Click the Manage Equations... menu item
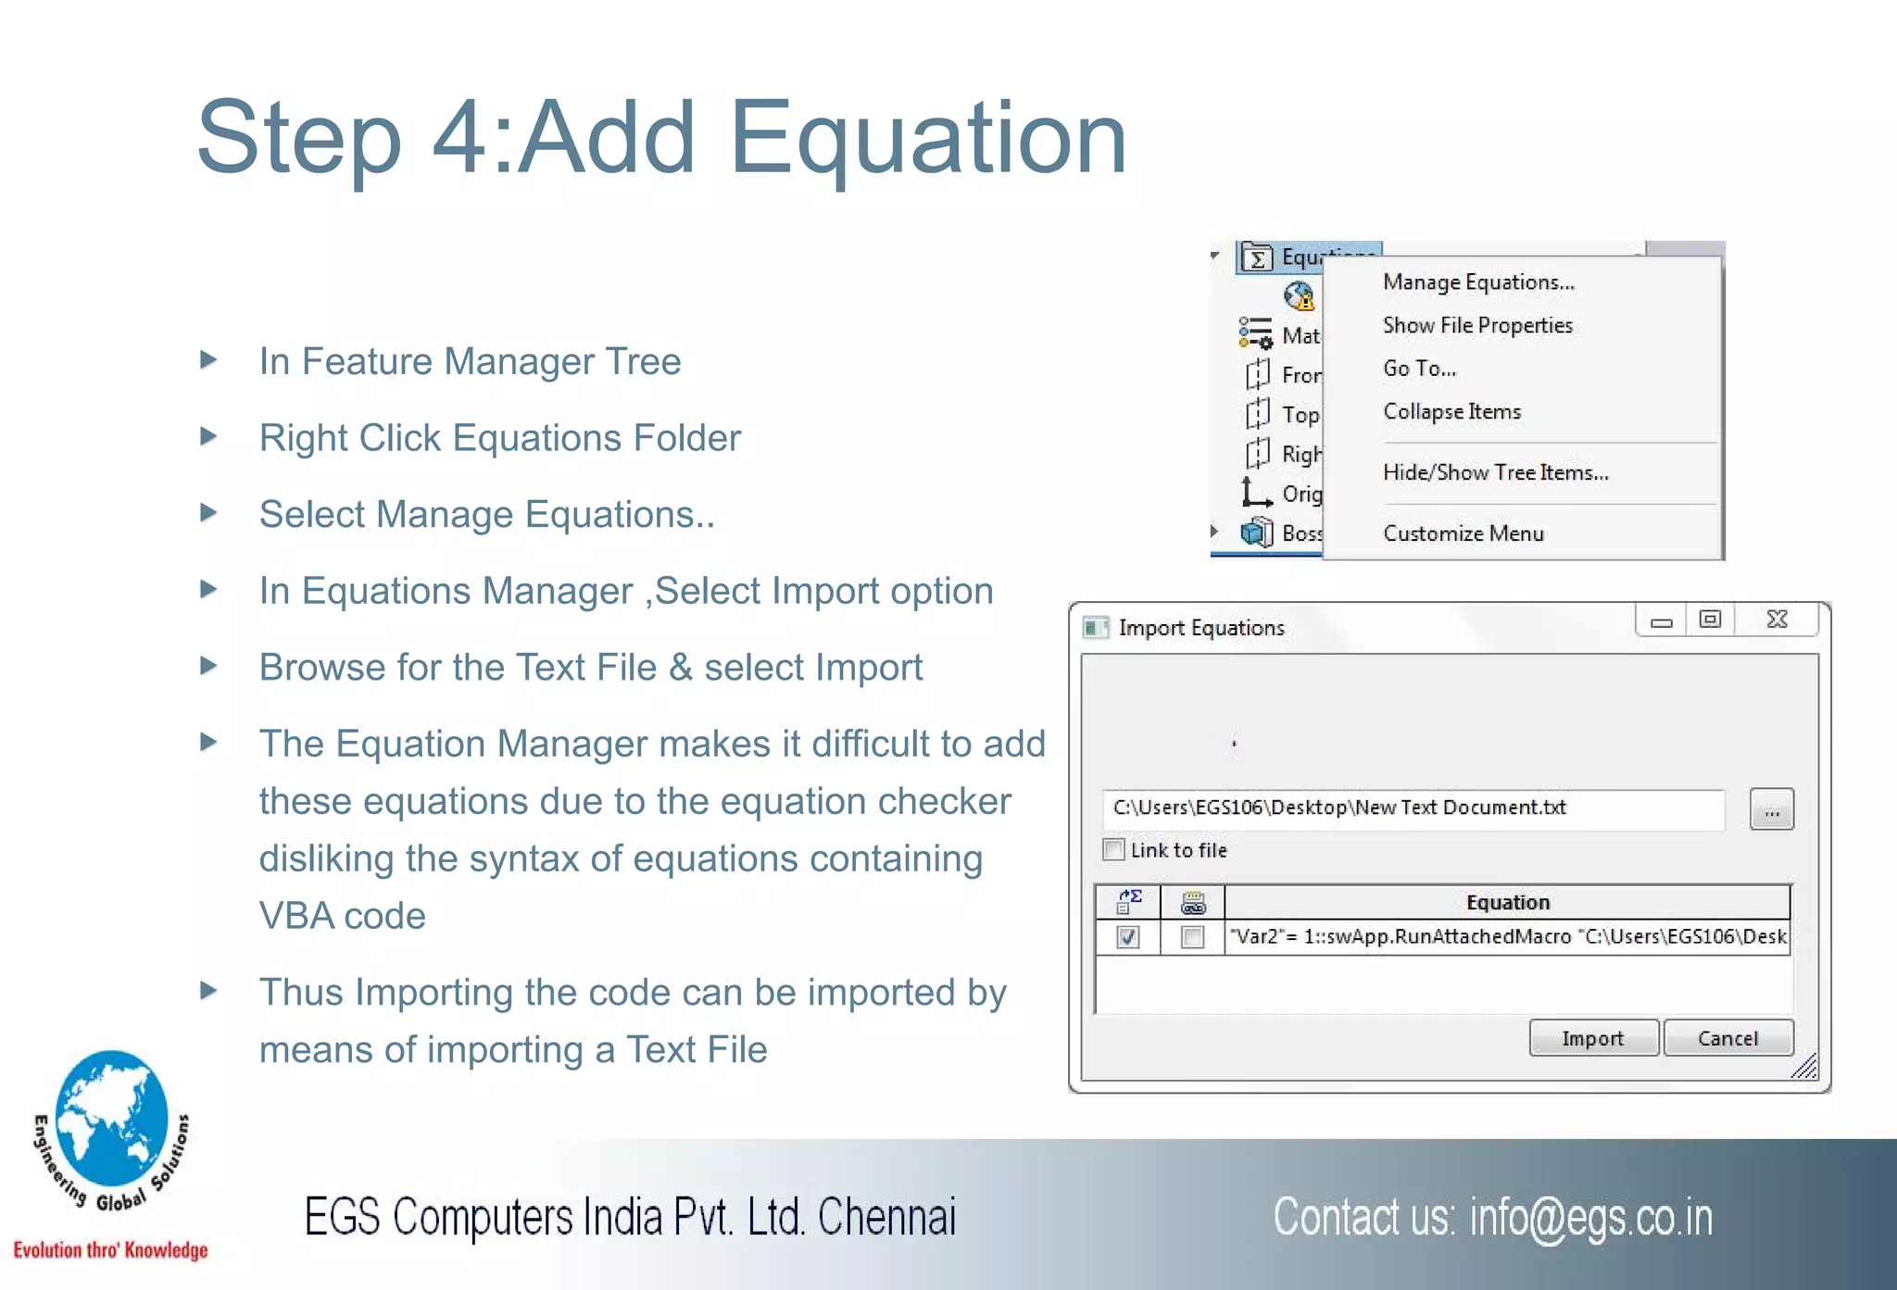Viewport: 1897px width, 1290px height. pos(1478,282)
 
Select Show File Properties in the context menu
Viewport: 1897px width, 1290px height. pos(1477,325)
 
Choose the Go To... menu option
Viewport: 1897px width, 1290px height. pos(1419,369)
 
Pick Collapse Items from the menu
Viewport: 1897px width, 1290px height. pos(1451,411)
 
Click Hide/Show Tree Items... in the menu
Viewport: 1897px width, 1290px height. pos(1495,472)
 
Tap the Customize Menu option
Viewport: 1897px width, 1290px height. pos(1464,533)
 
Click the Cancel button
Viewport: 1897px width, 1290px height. pos(1727,1038)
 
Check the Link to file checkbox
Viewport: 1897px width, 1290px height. pos(1114,849)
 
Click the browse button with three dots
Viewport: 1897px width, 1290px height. pos(1771,809)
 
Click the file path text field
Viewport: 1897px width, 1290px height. pos(1413,808)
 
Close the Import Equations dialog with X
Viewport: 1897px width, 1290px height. pos(1777,620)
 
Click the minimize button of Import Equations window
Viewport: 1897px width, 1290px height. pos(1662,621)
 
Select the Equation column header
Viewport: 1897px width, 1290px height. pos(1507,902)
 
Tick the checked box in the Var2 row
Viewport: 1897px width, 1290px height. pos(1127,937)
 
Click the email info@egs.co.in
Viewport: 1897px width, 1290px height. pos(1590,1218)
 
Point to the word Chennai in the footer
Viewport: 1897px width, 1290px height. pos(886,1217)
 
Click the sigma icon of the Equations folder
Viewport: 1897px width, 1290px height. pos(1257,257)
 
